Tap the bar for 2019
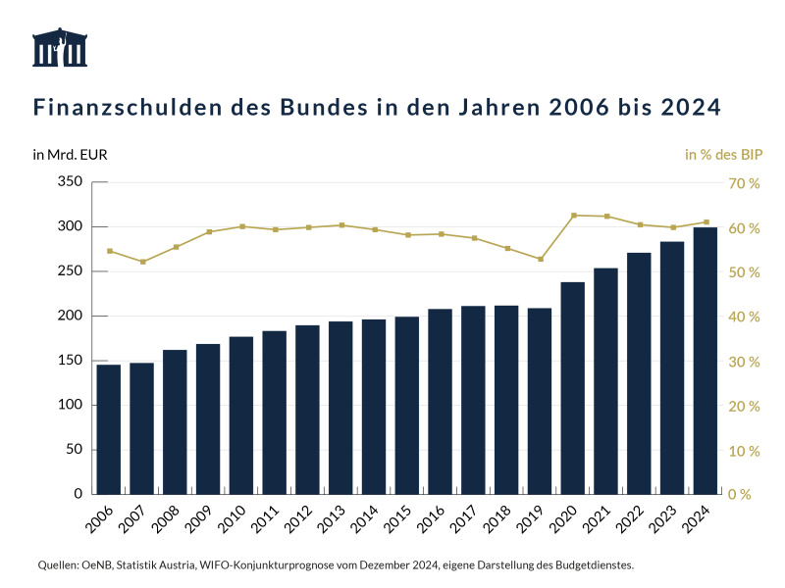click(x=540, y=401)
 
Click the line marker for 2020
click(x=573, y=215)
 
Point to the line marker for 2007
click(x=142, y=262)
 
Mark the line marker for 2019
click(x=540, y=259)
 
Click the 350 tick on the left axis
click(x=69, y=182)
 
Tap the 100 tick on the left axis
click(x=69, y=405)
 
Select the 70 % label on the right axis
click(x=743, y=183)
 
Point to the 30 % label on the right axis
click(x=743, y=362)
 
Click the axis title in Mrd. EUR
click(x=70, y=155)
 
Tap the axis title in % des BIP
click(x=723, y=155)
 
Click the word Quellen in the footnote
click(x=58, y=565)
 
